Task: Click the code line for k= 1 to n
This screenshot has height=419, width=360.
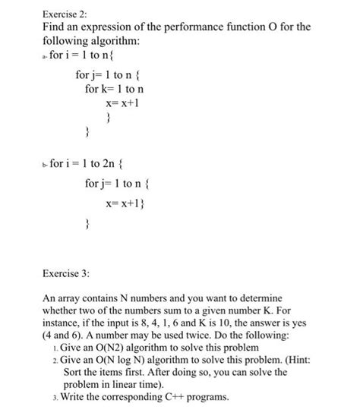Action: click(115, 90)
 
